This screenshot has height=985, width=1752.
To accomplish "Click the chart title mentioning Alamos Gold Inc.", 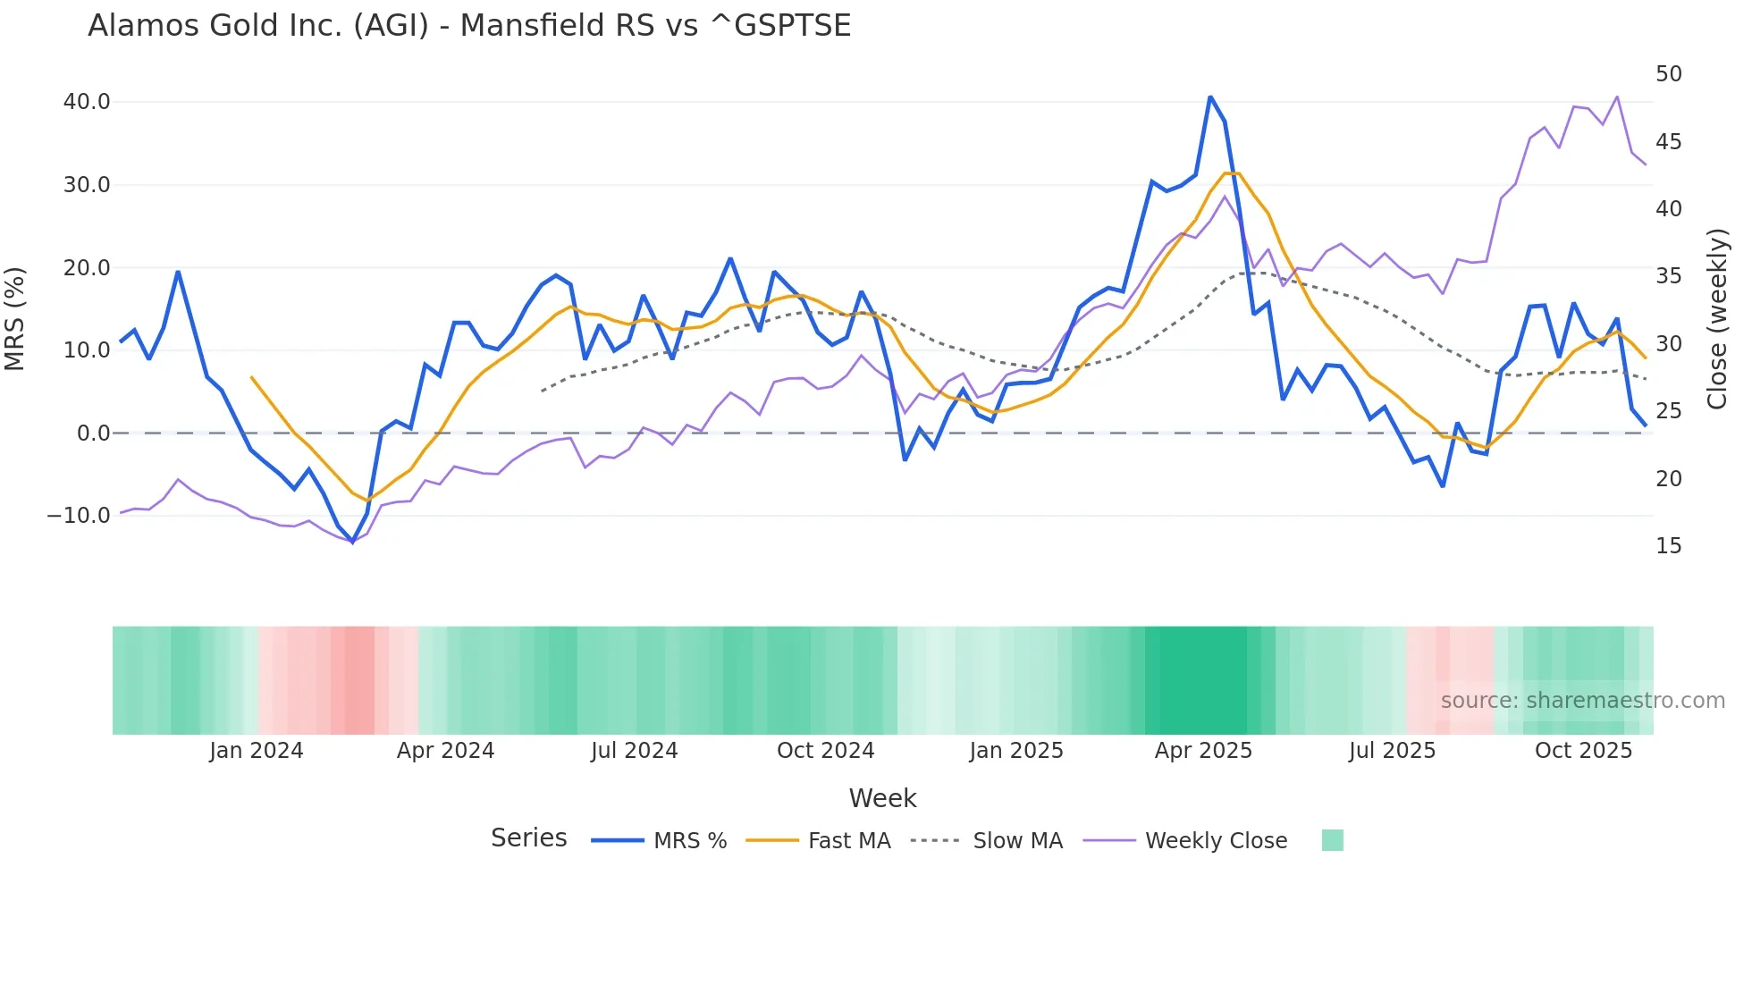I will [x=469, y=26].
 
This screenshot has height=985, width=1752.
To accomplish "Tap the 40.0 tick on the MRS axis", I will [x=87, y=102].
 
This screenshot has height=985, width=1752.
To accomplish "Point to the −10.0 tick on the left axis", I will [x=79, y=516].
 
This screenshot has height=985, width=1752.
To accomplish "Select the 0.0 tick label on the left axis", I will [x=93, y=434].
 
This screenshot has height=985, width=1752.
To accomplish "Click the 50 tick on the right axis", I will [x=1668, y=74].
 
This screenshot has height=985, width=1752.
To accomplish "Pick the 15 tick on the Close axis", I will [x=1668, y=546].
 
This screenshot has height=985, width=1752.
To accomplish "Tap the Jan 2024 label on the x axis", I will [x=257, y=751].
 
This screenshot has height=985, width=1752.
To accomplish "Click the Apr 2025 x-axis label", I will [x=1203, y=751].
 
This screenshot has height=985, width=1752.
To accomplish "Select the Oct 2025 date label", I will [x=1583, y=751].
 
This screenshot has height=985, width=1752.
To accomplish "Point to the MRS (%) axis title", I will [x=15, y=318].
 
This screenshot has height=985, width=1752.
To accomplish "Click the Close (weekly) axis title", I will [x=1717, y=319].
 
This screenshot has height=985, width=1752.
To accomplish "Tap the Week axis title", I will [x=882, y=798].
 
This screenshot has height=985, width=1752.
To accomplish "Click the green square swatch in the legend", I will [x=1332, y=841].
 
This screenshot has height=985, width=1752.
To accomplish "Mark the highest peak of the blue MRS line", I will [x=1210, y=97].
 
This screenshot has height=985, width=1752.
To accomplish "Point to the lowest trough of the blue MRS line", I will [x=352, y=542].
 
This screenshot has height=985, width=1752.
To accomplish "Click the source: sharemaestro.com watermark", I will [x=1582, y=701].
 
